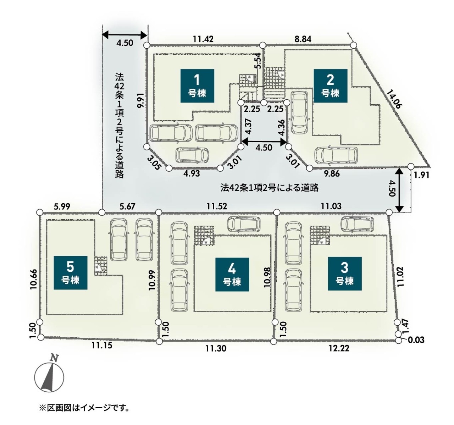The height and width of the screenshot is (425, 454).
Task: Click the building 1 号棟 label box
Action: tap(197, 86)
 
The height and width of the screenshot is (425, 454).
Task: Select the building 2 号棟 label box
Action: tap(331, 86)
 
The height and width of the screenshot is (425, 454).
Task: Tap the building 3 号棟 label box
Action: tap(345, 274)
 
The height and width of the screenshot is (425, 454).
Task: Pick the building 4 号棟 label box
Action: tap(232, 275)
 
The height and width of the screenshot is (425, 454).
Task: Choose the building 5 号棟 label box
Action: tap(71, 273)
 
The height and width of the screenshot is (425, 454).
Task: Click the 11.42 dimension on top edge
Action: tap(203, 39)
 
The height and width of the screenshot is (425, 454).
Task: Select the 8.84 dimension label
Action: tap(303, 39)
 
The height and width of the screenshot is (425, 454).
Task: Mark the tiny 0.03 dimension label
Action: tap(416, 340)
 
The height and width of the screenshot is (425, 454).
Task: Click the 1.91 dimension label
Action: tap(422, 175)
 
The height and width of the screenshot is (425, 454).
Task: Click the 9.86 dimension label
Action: tap(332, 173)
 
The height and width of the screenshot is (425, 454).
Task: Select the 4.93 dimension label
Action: tap(192, 173)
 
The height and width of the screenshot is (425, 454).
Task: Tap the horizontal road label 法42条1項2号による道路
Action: tap(270, 188)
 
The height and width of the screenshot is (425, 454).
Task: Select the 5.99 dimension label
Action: tap(62, 206)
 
